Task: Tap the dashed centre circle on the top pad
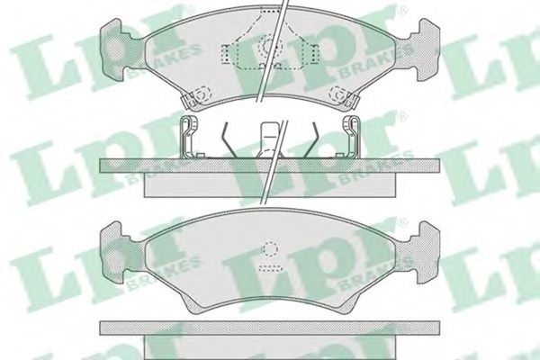point(270,47)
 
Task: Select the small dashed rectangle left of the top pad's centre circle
point(226,54)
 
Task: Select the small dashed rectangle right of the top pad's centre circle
point(314,54)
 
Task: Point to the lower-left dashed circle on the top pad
point(201,93)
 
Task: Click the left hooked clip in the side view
point(189,137)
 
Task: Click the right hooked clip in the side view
point(351,137)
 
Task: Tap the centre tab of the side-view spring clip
point(270,138)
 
